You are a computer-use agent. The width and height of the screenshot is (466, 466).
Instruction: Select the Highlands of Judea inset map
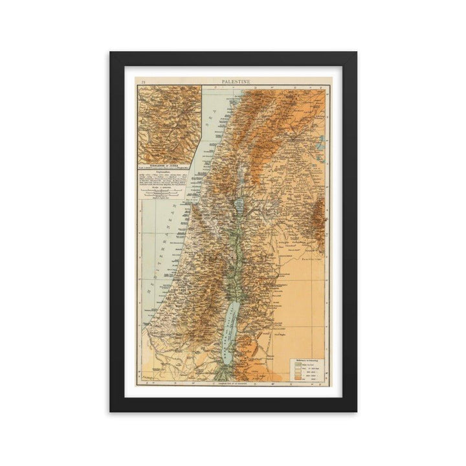click(x=169, y=123)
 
